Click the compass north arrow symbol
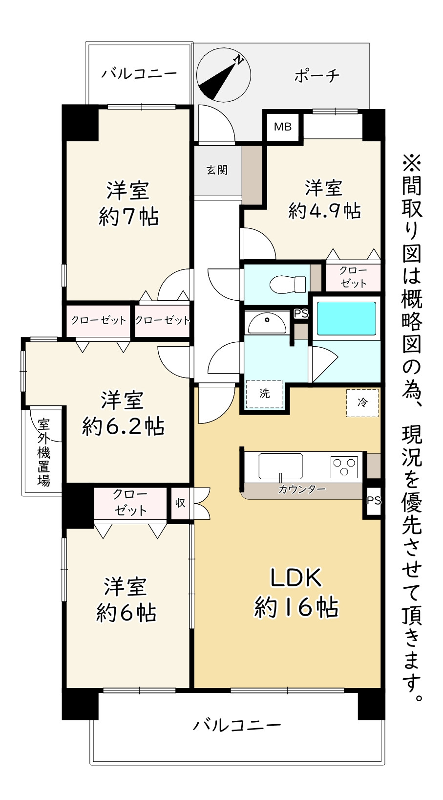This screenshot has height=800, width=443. pyautogui.click(x=224, y=75)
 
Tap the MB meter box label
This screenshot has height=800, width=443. pyautogui.click(x=283, y=127)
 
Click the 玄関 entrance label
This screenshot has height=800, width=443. pyautogui.click(x=217, y=170)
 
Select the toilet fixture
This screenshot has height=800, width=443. pyautogui.click(x=288, y=284)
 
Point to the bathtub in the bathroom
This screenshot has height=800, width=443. pyautogui.click(x=346, y=318)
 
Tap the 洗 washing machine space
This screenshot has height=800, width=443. pyautogui.click(x=264, y=394)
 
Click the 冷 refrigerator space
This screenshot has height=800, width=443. pyautogui.click(x=362, y=403)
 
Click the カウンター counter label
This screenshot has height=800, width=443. pyautogui.click(x=302, y=489)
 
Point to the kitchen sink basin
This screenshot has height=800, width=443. pyautogui.click(x=280, y=466)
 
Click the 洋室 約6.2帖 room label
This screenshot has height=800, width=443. pyautogui.click(x=123, y=413)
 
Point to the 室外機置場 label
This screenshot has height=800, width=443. pyautogui.click(x=44, y=452)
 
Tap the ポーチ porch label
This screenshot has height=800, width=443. pyautogui.click(x=316, y=76)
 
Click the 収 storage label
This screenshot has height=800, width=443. pyautogui.click(x=180, y=503)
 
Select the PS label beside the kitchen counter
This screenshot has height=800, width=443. pyautogui.click(x=374, y=501)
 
